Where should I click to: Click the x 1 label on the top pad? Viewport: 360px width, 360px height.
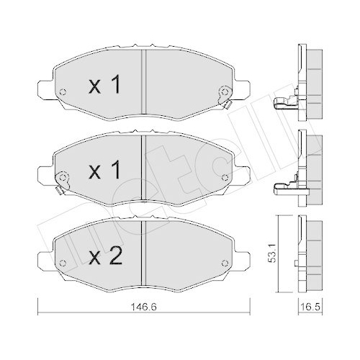[x=104, y=87]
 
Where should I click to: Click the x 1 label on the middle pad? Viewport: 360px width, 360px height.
[x=104, y=172]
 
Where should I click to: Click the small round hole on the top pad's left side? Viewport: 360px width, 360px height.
[x=62, y=92]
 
